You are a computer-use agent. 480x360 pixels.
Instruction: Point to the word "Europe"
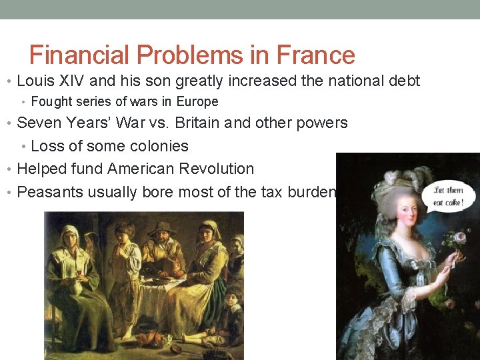tap(197, 102)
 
